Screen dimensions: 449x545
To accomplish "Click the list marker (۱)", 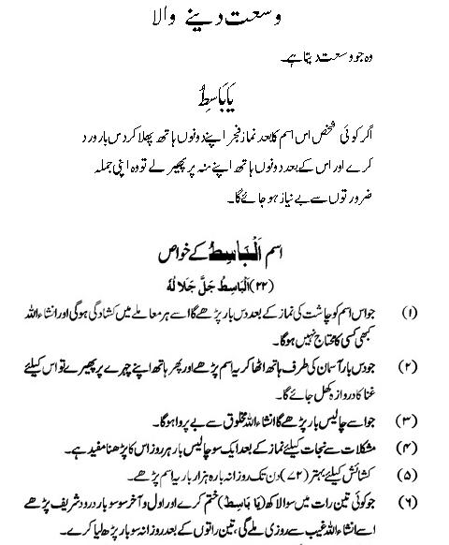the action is tap(410, 309).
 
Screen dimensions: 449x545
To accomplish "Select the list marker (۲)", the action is tap(410, 362).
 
